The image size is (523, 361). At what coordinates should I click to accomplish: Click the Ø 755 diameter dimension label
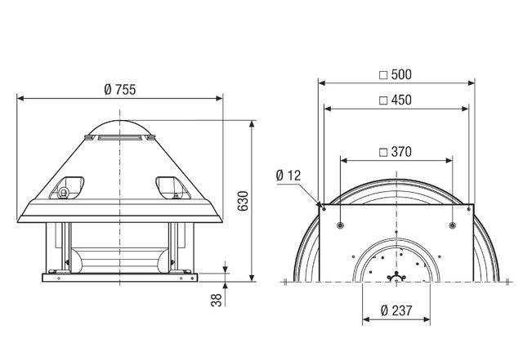point(120,90)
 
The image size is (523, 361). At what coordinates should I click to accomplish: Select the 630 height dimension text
point(242,202)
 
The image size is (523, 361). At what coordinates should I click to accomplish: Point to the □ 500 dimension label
point(396,74)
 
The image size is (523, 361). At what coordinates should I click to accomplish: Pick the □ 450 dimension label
point(396,100)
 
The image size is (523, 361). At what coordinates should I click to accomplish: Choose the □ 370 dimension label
point(396,151)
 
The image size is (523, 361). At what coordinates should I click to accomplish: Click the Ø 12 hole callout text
point(288,175)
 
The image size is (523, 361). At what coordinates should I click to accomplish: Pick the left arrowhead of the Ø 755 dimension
point(20,98)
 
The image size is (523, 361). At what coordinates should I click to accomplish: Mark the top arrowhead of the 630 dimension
point(250,121)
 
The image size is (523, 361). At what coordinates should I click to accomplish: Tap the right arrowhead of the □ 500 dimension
point(473,82)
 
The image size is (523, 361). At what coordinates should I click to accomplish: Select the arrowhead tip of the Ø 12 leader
point(318,203)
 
